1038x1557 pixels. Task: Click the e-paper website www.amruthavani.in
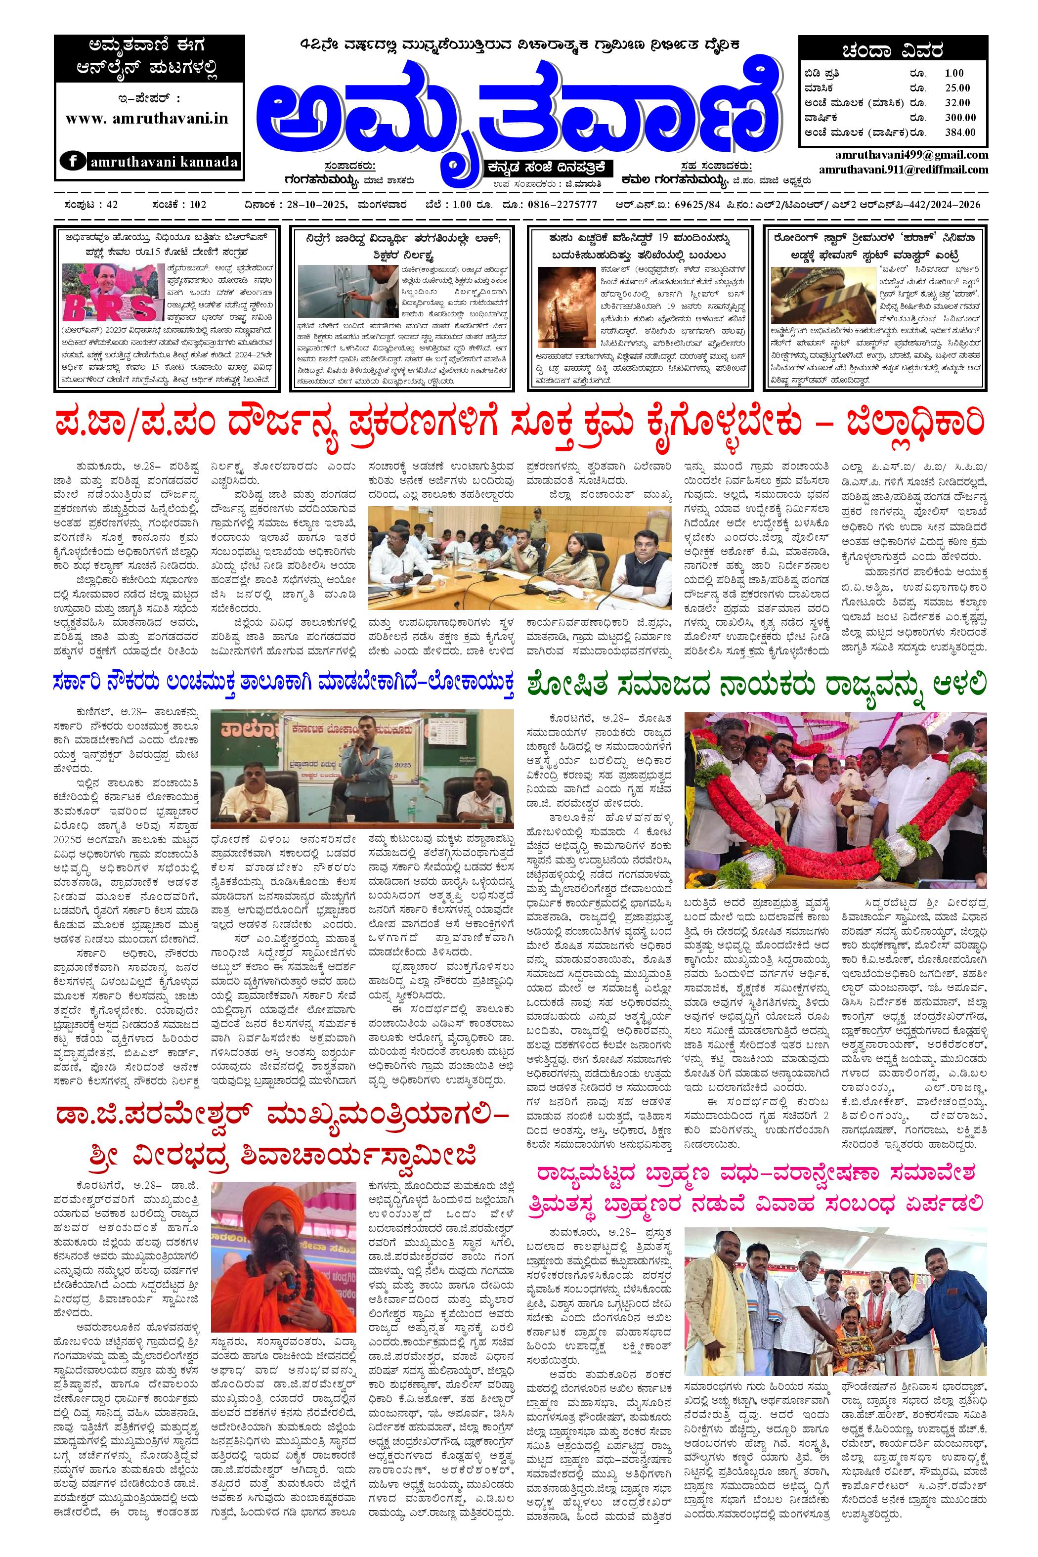147,118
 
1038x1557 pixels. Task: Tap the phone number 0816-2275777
562,205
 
